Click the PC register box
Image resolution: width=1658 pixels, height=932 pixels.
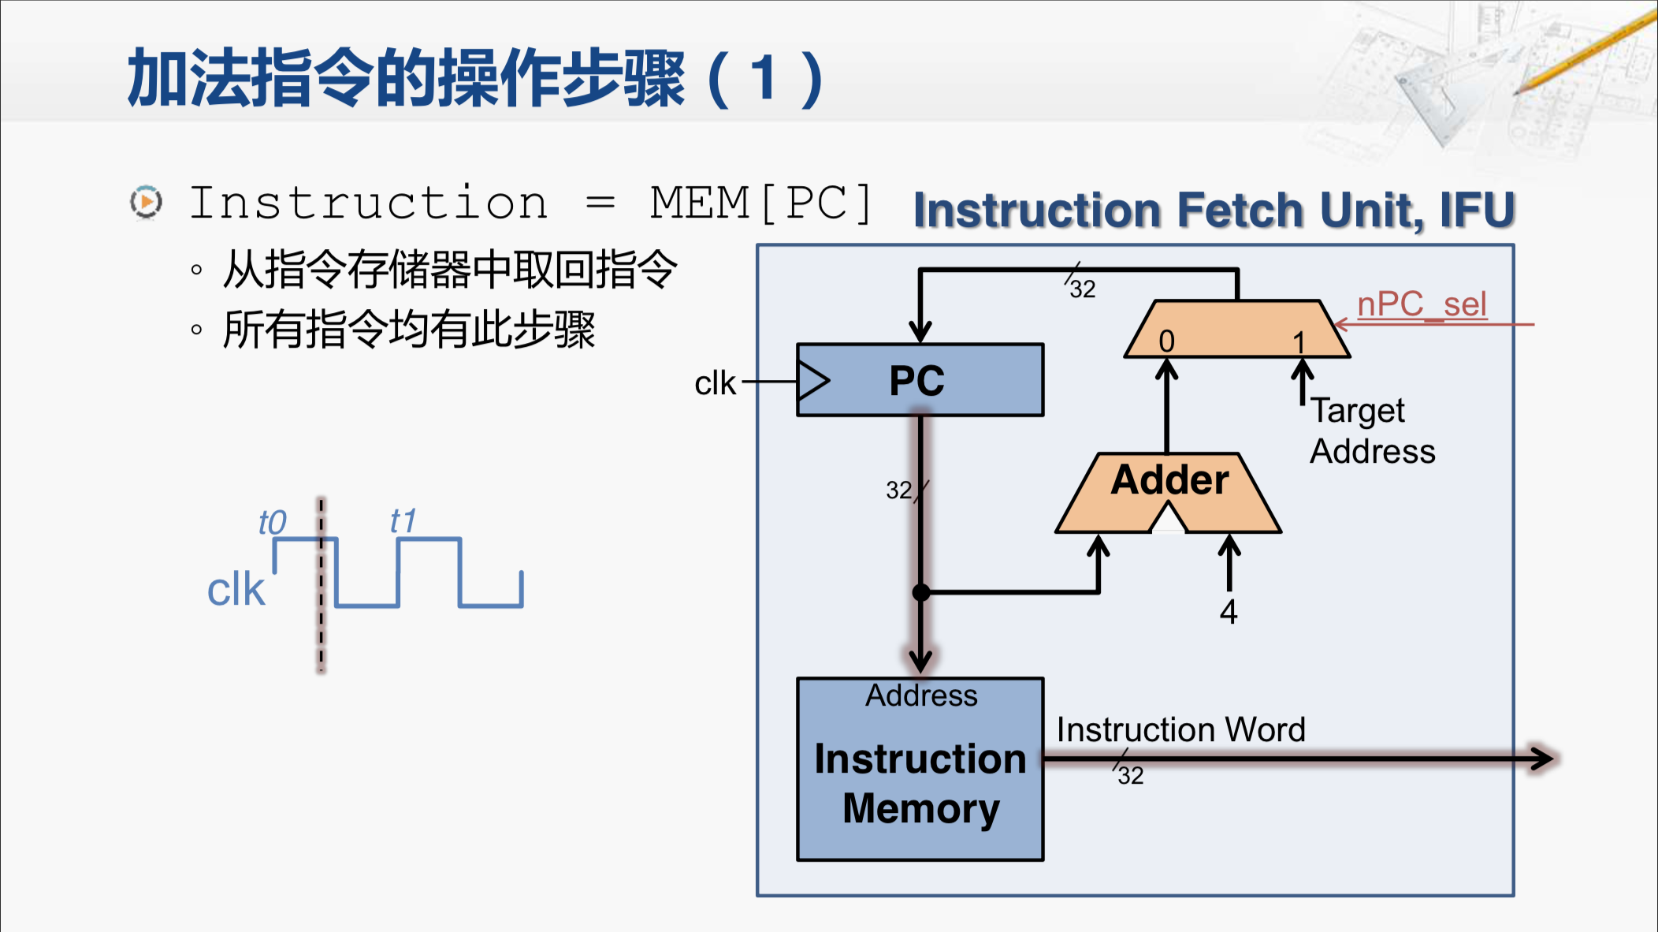pyautogui.click(x=920, y=380)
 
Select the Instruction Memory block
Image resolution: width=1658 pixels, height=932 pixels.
pyautogui.click(x=920, y=769)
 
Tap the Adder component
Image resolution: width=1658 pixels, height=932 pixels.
pyautogui.click(x=1169, y=493)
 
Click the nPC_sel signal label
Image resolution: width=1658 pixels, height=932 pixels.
pyautogui.click(x=1422, y=304)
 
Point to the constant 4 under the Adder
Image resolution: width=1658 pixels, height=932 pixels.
pyautogui.click(x=1229, y=612)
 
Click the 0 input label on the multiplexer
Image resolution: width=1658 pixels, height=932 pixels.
pyautogui.click(x=1166, y=341)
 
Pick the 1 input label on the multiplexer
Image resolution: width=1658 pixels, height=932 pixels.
pyautogui.click(x=1299, y=341)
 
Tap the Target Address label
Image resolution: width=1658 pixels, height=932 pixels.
pyautogui.click(x=1372, y=431)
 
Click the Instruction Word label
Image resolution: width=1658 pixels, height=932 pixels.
pyautogui.click(x=1180, y=729)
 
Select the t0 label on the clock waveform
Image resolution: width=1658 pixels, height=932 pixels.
pyautogui.click(x=273, y=522)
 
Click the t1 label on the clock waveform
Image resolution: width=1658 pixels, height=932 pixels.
pyautogui.click(x=403, y=520)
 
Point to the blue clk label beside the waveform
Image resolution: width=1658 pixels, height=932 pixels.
pyautogui.click(x=236, y=589)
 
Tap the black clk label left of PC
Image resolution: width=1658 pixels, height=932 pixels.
pyautogui.click(x=715, y=383)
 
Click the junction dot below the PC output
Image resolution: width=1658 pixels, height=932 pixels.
pyautogui.click(x=920, y=592)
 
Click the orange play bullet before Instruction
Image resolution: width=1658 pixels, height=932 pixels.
pyautogui.click(x=146, y=203)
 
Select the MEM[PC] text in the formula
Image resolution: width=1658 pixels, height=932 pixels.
pyautogui.click(x=761, y=203)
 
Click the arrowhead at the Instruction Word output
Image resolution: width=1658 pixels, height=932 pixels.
pyautogui.click(x=1541, y=759)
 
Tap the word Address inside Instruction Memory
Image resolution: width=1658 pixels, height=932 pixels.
pyautogui.click(x=921, y=695)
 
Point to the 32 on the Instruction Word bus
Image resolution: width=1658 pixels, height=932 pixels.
pyautogui.click(x=1131, y=775)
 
